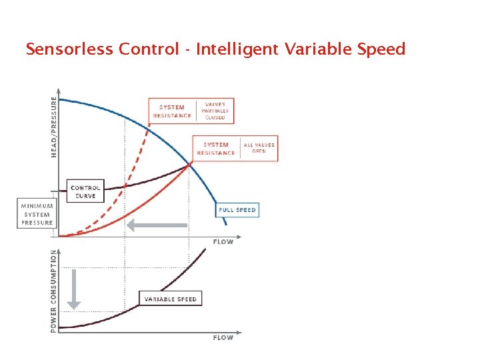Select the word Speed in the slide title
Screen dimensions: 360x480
click(x=379, y=49)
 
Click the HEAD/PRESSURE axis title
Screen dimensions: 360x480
click(x=54, y=127)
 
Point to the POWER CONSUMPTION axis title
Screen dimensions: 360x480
click(x=54, y=291)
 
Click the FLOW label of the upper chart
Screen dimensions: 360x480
click(x=223, y=242)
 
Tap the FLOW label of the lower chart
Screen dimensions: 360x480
click(x=223, y=338)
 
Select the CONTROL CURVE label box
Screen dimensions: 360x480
click(x=85, y=192)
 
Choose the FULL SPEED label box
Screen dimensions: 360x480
click(x=237, y=210)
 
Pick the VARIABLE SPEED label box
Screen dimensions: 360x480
click(x=170, y=299)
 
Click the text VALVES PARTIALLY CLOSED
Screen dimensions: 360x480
click(x=215, y=111)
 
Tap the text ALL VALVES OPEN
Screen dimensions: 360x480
click(x=259, y=148)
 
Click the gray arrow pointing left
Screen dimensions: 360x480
click(x=157, y=225)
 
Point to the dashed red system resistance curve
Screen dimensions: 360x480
click(x=133, y=167)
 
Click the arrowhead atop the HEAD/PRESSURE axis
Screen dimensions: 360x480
click(x=60, y=92)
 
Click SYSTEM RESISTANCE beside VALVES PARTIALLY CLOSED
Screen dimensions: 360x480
click(x=172, y=111)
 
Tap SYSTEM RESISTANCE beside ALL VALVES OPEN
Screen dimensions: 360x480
click(x=216, y=149)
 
